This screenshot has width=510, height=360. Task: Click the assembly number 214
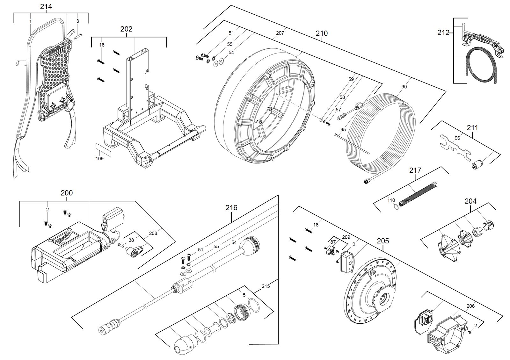pos(46,7)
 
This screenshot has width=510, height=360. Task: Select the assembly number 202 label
pos(126,29)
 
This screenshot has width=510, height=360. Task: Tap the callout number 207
pos(280,33)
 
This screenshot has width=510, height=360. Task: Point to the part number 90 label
pos(404,87)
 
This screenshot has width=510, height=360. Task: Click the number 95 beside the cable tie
pos(343,129)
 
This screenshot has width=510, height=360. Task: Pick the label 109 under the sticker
pos(99,159)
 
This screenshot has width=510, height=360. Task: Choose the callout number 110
pos(391,200)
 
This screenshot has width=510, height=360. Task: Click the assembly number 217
pos(415,170)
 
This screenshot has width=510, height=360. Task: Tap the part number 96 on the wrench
pos(457,138)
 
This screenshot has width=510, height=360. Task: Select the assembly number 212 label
pos(443,32)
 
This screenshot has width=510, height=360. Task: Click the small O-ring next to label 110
pos(397,206)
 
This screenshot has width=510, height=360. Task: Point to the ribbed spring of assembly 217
pos(418,192)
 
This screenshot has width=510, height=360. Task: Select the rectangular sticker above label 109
pos(103,150)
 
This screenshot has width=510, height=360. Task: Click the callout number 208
pos(153,233)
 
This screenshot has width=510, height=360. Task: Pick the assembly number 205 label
pos(383,241)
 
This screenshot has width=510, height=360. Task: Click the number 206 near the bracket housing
pos(470,306)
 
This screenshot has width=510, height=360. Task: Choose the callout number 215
pos(266,286)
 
